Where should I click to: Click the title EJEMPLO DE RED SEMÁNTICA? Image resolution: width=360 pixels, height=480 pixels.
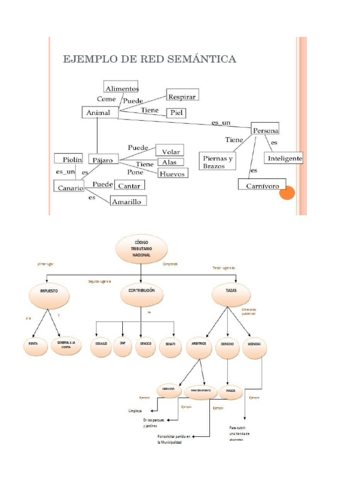150,59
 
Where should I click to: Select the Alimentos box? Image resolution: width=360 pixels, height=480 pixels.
121,87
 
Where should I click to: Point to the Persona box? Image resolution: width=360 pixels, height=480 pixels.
265,130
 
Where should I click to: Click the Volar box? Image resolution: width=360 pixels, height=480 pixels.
170,150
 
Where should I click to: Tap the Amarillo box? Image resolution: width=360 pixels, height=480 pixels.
128,202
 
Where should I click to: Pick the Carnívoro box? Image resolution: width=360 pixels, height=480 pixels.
262,186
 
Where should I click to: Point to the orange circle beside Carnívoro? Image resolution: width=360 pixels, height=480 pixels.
287,192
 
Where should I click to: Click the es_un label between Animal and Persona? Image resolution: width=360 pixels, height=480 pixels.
221,122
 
